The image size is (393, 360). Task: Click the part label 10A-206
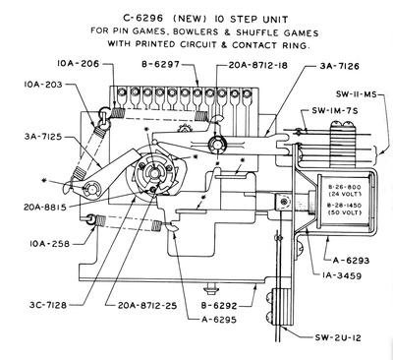click(x=77, y=64)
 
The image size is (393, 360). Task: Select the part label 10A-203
click(x=42, y=85)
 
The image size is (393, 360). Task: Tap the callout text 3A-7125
click(x=42, y=137)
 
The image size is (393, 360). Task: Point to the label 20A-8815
click(x=45, y=207)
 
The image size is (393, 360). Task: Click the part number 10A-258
click(x=50, y=244)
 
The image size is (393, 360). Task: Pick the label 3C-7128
click(x=47, y=305)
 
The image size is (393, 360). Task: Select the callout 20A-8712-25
click(x=147, y=306)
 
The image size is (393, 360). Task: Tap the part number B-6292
click(x=219, y=306)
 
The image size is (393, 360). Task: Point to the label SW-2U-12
click(x=338, y=337)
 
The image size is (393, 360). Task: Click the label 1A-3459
click(x=342, y=275)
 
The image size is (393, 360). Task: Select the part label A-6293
click(x=351, y=261)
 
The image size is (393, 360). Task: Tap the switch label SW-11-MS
click(x=357, y=94)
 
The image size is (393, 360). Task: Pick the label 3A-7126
click(x=339, y=66)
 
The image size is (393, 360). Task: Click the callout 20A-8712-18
click(x=258, y=65)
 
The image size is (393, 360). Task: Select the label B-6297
click(x=160, y=64)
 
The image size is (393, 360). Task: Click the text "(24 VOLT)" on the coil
click(x=345, y=194)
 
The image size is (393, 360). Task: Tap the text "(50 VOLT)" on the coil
click(x=345, y=212)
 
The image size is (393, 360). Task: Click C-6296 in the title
click(x=147, y=19)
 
